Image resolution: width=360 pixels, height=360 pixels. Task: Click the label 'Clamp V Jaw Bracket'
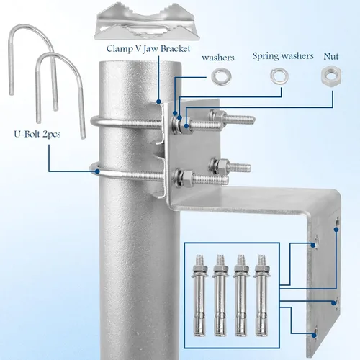click(148, 49)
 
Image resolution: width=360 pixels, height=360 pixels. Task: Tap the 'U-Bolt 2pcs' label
click(37, 134)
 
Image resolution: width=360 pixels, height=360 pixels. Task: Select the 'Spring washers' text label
click(283, 56)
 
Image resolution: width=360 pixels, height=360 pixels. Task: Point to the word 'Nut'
click(331, 57)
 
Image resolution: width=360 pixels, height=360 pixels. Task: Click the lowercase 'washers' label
click(218, 58)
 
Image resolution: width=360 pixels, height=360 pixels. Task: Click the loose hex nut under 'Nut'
click(331, 76)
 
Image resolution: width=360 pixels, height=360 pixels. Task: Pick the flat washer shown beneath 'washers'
click(221, 76)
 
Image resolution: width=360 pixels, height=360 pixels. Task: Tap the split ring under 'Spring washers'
click(279, 76)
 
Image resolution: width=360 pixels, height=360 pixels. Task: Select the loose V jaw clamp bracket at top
click(145, 23)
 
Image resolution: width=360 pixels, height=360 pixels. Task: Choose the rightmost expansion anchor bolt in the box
click(262, 295)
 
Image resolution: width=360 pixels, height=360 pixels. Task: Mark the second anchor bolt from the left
click(220, 295)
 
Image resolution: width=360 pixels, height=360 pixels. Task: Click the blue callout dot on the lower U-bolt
click(97, 171)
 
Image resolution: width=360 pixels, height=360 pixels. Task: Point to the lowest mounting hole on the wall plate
click(315, 333)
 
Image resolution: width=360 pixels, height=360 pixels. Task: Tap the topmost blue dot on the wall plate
click(336, 230)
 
